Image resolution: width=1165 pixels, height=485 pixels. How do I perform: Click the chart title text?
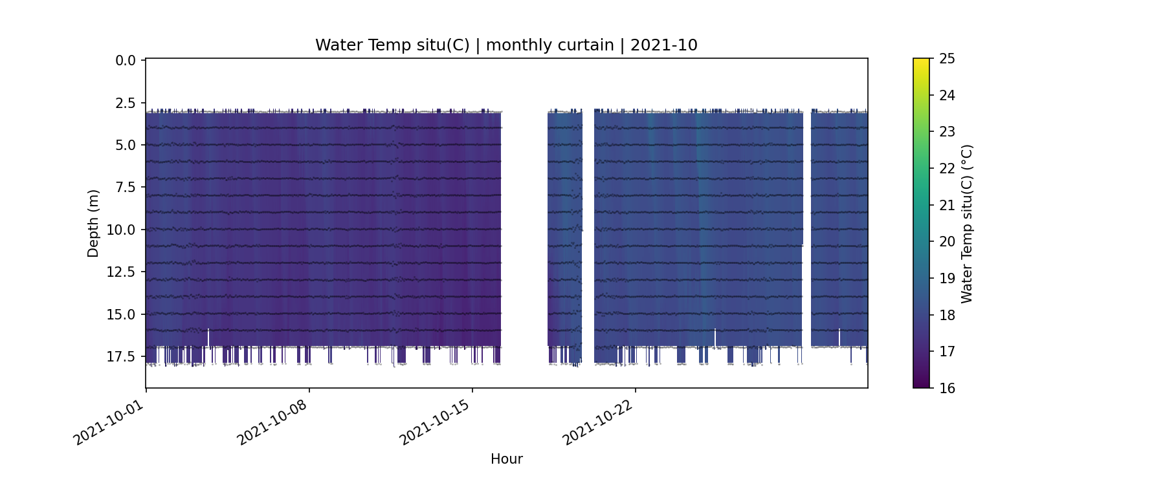(x=506, y=45)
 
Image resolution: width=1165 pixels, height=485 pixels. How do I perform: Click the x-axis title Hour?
(x=506, y=459)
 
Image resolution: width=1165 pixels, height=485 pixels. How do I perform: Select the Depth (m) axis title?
(x=93, y=223)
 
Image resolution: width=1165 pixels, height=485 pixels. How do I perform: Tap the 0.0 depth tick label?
(x=126, y=61)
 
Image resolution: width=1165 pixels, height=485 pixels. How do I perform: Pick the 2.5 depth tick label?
(x=126, y=103)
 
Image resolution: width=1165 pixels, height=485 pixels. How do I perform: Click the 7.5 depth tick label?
(x=126, y=188)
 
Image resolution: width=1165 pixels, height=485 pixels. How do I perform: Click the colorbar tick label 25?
(x=947, y=59)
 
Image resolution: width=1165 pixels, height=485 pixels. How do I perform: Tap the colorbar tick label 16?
(x=947, y=388)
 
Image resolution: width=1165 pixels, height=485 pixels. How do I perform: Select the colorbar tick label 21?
(x=947, y=205)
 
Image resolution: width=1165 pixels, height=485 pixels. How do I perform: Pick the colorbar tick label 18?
(x=947, y=315)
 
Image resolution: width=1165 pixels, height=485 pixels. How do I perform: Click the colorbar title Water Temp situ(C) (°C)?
(x=967, y=223)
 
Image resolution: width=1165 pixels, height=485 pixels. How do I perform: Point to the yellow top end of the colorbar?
(x=921, y=62)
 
